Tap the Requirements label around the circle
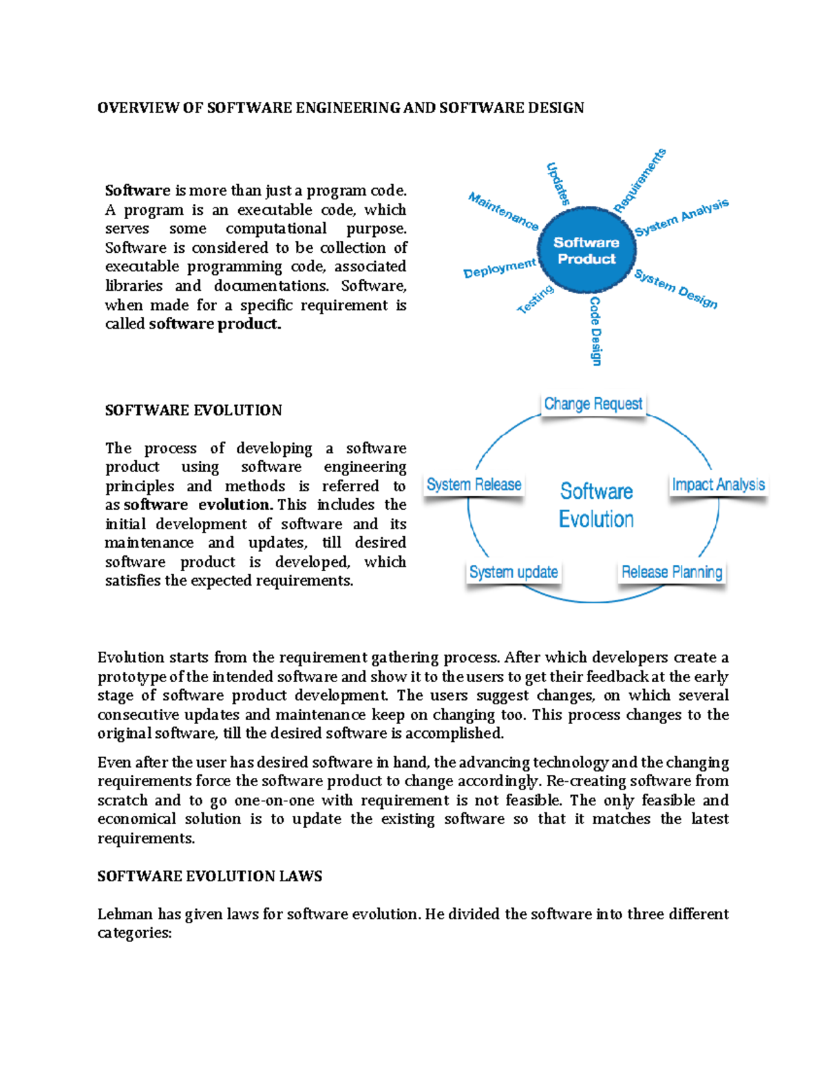pos(640,180)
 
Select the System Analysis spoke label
pos(681,217)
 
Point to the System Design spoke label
pos(676,289)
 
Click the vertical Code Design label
pos(595,331)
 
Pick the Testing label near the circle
pos(536,300)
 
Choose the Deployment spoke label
pos(499,268)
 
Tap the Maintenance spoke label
pos(503,211)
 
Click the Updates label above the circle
pos(558,184)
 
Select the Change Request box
pos(593,404)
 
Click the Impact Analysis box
pos(718,485)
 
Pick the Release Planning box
pos(672,573)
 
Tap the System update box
pos(513,573)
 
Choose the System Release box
pos(474,485)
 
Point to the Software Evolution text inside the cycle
pos(596,505)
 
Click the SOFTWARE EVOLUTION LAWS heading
pos(210,876)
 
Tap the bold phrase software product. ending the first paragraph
pos(215,324)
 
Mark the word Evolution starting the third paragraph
pos(131,657)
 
